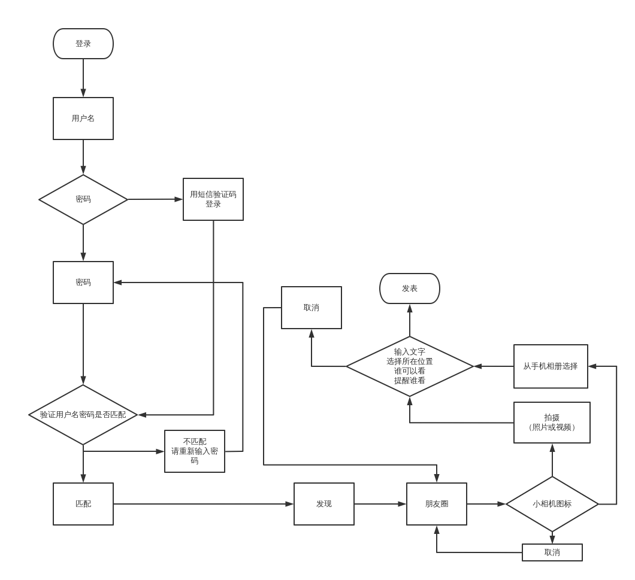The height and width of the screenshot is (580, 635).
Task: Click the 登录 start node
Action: (x=83, y=44)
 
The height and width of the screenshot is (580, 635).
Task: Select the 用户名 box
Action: (x=83, y=119)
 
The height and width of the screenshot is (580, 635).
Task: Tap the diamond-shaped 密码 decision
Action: (x=83, y=199)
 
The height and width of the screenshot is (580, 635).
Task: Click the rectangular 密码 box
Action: (x=83, y=283)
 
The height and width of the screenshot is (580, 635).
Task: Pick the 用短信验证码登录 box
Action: (x=213, y=199)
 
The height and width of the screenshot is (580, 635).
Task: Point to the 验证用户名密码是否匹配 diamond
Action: (x=83, y=415)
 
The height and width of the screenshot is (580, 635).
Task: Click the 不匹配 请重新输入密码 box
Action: (x=195, y=451)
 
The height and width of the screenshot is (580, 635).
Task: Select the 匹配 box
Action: (x=83, y=504)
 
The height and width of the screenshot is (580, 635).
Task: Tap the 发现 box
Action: (x=324, y=504)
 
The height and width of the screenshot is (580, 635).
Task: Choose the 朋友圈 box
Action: (x=437, y=504)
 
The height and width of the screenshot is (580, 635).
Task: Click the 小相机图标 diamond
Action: (x=552, y=504)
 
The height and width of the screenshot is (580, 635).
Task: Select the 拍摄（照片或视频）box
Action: (x=552, y=423)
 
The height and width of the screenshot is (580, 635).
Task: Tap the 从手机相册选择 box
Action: (x=551, y=366)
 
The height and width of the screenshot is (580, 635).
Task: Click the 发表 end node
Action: (x=410, y=289)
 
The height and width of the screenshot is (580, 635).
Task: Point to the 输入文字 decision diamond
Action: (x=410, y=366)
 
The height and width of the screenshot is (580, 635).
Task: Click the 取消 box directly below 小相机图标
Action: (x=552, y=552)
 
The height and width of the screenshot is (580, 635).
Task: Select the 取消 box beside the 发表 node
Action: (x=312, y=308)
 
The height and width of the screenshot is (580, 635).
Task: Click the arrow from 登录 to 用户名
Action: (x=83, y=78)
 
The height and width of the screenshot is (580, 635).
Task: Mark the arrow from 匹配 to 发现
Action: (x=204, y=504)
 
